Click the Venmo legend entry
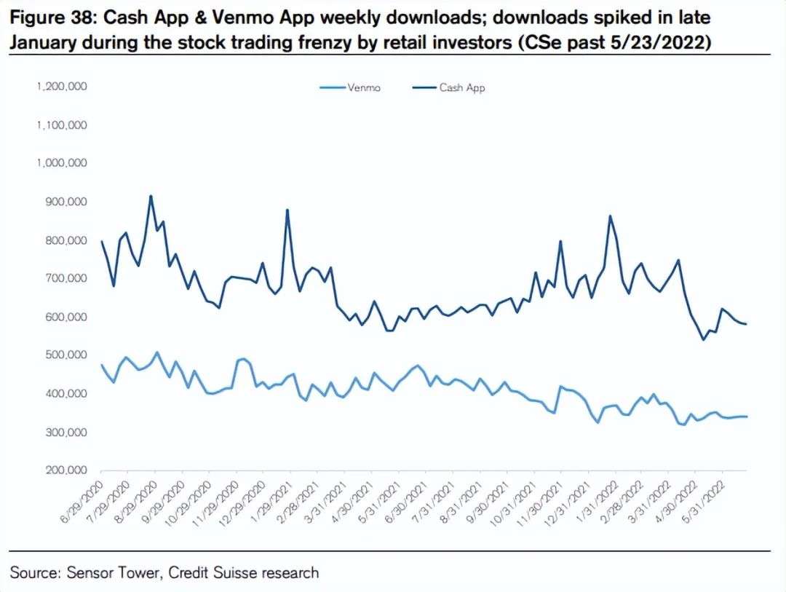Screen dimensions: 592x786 [360, 87]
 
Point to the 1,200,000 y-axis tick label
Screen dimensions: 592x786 [62, 86]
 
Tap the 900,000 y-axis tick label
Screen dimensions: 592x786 [65, 202]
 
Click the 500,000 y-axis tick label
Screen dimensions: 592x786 [65, 355]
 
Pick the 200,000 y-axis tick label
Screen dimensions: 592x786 [65, 471]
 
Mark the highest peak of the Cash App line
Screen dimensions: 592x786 [151, 195]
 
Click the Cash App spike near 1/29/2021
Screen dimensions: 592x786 [287, 210]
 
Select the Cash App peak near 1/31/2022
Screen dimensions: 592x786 [610, 216]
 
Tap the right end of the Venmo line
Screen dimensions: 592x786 [747, 417]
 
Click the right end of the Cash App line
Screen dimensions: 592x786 [747, 324]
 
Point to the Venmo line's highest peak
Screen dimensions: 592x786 [156, 352]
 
